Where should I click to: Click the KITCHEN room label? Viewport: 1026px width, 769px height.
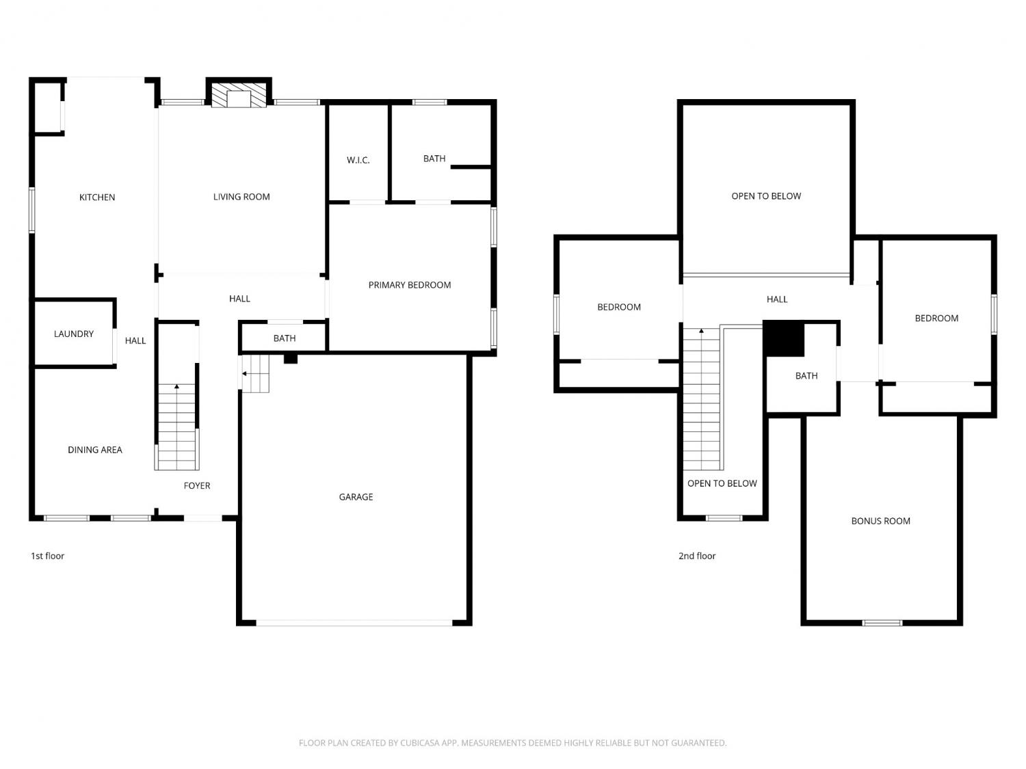click(96, 197)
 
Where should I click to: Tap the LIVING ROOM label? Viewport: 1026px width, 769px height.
click(241, 197)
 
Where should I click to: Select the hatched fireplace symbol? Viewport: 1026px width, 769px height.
click(239, 95)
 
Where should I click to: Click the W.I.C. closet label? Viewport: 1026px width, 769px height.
click(358, 160)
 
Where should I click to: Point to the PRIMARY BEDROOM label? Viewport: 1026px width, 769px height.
click(410, 285)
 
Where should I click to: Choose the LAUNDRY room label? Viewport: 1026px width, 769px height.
click(74, 334)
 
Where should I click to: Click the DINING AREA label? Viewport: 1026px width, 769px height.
click(95, 450)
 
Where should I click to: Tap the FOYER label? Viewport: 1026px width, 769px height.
click(197, 485)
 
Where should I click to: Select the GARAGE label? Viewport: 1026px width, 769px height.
click(356, 497)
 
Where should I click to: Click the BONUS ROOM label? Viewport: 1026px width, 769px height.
click(880, 521)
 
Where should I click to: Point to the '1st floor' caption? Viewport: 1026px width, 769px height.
click(47, 556)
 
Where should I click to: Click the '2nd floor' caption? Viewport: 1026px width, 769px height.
click(697, 556)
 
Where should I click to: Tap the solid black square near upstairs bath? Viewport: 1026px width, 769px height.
click(784, 339)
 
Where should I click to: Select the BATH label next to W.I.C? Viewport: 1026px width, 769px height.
click(434, 159)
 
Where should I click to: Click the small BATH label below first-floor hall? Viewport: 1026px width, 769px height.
click(284, 338)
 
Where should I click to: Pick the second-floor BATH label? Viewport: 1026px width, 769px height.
click(806, 375)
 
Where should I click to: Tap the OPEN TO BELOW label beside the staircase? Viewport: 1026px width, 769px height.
click(722, 483)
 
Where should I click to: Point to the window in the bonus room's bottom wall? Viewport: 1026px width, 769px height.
click(882, 623)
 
